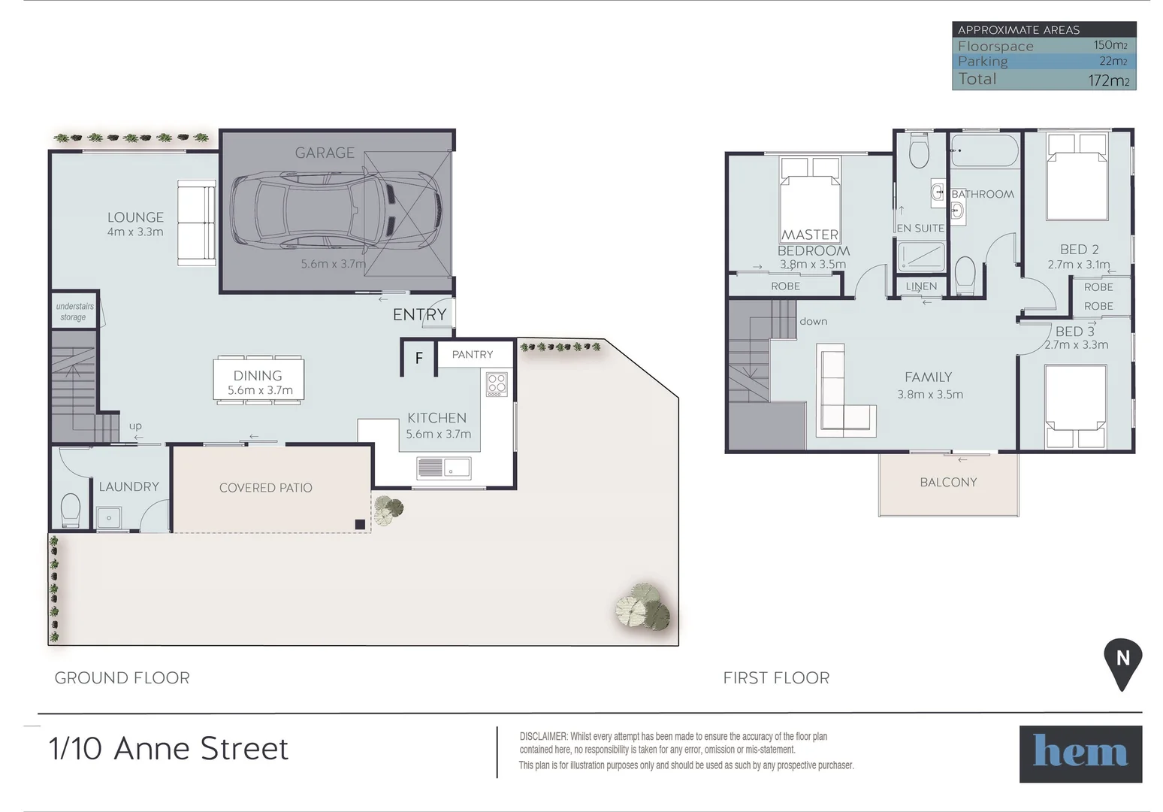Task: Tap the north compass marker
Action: pyautogui.click(x=1122, y=661)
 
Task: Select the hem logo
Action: pyautogui.click(x=1080, y=753)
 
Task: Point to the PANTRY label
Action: pyautogui.click(x=472, y=354)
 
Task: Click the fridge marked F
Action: pyautogui.click(x=418, y=359)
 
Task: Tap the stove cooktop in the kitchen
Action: pyautogui.click(x=497, y=384)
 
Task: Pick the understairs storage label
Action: pyautogui.click(x=74, y=312)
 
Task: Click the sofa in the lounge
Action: pyautogui.click(x=196, y=223)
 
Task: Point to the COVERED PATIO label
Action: pyautogui.click(x=265, y=488)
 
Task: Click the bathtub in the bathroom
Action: pyautogui.click(x=983, y=150)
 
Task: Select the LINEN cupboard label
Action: pyautogui.click(x=921, y=286)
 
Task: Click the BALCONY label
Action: pyautogui.click(x=948, y=483)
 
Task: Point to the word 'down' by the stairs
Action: pyautogui.click(x=813, y=321)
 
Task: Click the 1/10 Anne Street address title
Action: pyautogui.click(x=168, y=749)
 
